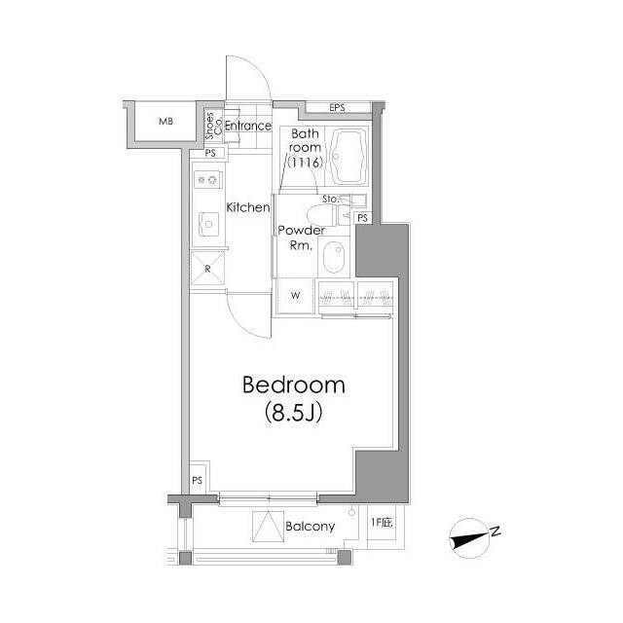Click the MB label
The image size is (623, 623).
(165, 122)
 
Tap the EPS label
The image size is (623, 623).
(337, 108)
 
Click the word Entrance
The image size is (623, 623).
(248, 126)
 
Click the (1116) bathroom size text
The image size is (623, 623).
(305, 163)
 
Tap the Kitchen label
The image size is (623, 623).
(248, 207)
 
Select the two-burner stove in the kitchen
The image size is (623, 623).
(207, 179)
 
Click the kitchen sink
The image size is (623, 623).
(208, 225)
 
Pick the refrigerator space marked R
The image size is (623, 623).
(207, 269)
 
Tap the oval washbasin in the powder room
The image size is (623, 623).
(334, 256)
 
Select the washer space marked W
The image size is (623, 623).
(295, 296)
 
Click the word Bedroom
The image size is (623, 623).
(294, 385)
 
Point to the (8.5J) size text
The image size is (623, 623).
(293, 412)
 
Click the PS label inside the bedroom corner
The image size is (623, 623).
(197, 480)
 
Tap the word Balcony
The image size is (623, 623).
(310, 527)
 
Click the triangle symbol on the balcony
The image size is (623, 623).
(269, 527)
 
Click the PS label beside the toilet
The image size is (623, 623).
(362, 218)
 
